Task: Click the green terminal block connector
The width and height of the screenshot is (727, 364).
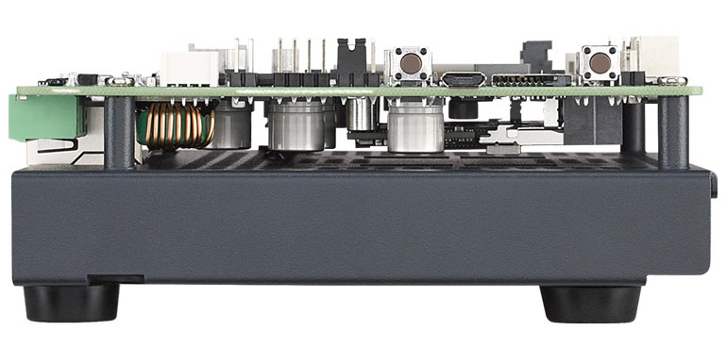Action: coord(45,117)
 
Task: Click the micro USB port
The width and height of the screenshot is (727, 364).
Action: coord(463,78)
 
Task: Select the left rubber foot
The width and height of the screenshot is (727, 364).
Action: coord(71,303)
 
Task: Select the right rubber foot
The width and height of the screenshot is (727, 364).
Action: coord(591,303)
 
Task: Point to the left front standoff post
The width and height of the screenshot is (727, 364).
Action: coord(119,132)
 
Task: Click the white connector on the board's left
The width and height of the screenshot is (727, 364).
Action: coord(190,67)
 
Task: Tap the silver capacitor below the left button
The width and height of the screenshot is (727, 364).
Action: coord(414,126)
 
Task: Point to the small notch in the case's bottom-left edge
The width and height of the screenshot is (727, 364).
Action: coord(115,279)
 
